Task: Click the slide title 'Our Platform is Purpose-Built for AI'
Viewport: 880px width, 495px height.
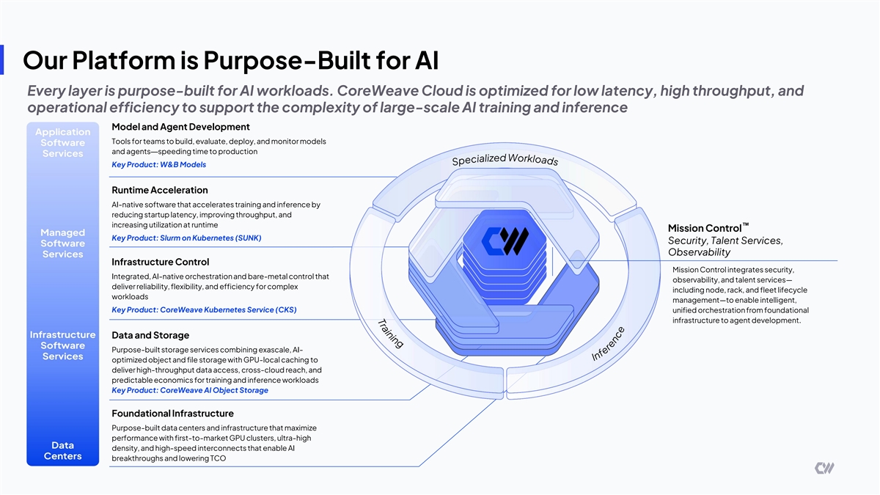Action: click(x=231, y=59)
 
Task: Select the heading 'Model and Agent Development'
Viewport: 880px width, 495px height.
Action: click(x=180, y=127)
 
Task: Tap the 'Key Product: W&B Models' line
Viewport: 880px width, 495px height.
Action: click(x=158, y=165)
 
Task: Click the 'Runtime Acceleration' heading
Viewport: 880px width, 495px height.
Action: click(x=159, y=190)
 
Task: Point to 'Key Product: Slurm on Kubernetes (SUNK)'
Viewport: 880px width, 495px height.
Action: click(x=186, y=238)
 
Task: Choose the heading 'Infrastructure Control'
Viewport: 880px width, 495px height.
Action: click(x=160, y=262)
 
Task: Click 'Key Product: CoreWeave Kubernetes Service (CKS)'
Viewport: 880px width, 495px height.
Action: click(x=204, y=309)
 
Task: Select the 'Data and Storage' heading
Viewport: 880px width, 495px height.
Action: click(x=150, y=336)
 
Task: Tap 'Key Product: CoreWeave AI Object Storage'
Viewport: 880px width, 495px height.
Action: click(x=189, y=390)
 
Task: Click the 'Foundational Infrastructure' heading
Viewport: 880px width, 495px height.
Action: click(x=172, y=414)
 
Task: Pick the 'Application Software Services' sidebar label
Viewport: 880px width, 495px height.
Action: click(x=62, y=143)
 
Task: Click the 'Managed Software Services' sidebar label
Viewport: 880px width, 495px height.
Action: click(x=62, y=243)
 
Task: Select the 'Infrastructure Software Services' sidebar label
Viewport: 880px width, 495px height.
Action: click(x=62, y=345)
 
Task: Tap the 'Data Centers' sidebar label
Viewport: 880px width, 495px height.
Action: click(x=62, y=451)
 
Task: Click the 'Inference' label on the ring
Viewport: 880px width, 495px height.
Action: click(x=608, y=343)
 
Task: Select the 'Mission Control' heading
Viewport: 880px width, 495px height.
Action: click(x=705, y=228)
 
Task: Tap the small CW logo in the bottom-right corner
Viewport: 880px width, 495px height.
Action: click(x=824, y=468)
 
